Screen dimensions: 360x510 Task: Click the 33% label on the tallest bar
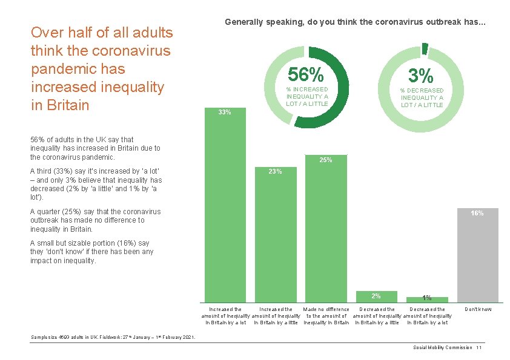224,112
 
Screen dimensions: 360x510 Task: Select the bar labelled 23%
276,236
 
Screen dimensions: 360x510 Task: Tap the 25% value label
326,160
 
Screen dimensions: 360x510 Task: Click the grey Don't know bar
477,257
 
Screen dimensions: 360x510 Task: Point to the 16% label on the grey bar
477,213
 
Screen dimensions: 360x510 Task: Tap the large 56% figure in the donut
306,75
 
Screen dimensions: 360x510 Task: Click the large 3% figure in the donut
421,76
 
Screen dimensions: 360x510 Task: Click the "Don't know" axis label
477,309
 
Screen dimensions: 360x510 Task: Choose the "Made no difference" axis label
326,309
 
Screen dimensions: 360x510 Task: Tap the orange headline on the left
102,68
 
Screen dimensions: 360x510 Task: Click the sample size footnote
113,337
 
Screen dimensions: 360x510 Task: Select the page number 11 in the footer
479,348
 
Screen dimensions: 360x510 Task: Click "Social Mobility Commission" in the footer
442,348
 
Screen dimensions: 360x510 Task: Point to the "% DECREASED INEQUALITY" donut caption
422,97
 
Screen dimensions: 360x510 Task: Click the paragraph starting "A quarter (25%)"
96,220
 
